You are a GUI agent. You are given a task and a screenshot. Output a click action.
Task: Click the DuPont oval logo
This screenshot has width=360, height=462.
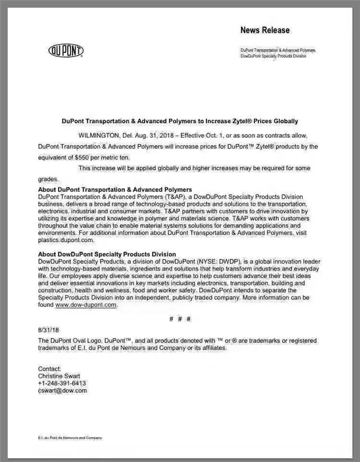click(66, 51)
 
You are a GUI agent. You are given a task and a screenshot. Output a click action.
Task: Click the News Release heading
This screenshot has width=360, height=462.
click(265, 30)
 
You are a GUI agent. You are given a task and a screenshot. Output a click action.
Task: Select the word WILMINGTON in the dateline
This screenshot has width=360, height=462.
click(99, 135)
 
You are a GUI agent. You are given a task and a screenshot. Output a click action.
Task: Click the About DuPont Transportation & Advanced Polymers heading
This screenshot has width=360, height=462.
click(115, 189)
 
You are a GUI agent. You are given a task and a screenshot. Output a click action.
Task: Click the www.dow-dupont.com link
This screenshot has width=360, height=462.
click(86, 304)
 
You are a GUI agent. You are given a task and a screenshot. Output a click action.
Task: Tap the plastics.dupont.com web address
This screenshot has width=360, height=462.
click(64, 240)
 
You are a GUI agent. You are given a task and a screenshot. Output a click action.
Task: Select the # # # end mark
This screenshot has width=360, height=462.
click(180, 319)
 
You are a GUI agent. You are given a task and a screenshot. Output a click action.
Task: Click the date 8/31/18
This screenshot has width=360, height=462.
click(48, 330)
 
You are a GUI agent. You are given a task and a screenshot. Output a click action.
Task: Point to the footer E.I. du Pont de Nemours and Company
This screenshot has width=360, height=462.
click(70, 438)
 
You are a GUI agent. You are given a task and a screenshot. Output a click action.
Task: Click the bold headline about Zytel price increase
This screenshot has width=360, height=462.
click(179, 121)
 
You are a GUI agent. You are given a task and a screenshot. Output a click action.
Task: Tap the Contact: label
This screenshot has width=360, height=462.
click(49, 368)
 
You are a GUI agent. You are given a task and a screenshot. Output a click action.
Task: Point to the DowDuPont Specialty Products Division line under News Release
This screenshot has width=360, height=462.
click(273, 56)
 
